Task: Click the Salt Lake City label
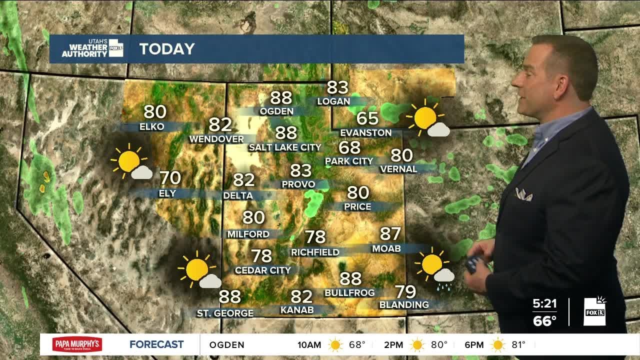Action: pyautogui.click(x=285, y=147)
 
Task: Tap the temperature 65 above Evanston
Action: pyautogui.click(x=367, y=118)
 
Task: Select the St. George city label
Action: pyautogui.click(x=225, y=313)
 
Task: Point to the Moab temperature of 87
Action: pyautogui.click(x=390, y=234)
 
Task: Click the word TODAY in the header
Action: pyautogui.click(x=166, y=49)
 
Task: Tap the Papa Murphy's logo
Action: pyautogui.click(x=77, y=344)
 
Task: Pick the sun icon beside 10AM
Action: pyautogui.click(x=335, y=344)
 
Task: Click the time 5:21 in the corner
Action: pyautogui.click(x=544, y=303)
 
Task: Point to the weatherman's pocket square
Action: pyautogui.click(x=523, y=194)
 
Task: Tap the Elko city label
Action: pyautogui.click(x=152, y=126)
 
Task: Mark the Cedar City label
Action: pyautogui.click(x=262, y=270)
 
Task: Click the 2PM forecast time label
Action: pyautogui.click(x=393, y=344)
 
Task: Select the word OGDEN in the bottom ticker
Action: pyautogui.click(x=226, y=344)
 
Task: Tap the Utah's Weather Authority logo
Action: pyautogui.click(x=91, y=48)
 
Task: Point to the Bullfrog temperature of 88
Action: pyautogui.click(x=350, y=278)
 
